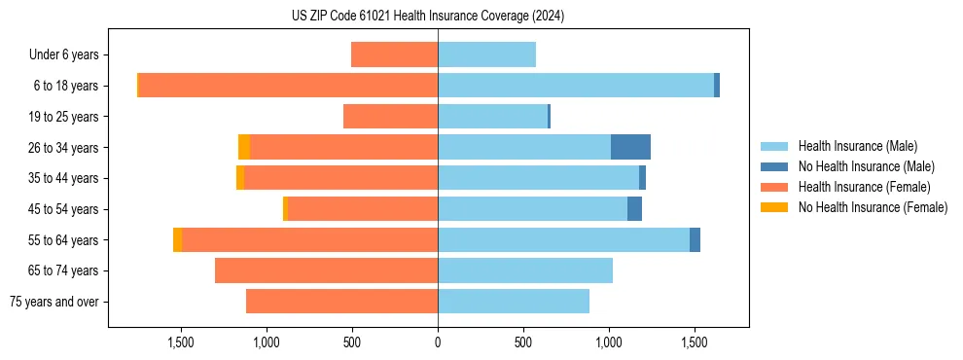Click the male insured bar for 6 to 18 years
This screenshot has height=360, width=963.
tap(576, 86)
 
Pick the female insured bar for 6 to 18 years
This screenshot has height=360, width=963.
tap(288, 86)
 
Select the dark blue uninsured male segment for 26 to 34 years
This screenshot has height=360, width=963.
tap(630, 147)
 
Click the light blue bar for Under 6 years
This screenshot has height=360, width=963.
tap(486, 54)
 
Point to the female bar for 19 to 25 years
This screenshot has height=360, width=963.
tap(391, 117)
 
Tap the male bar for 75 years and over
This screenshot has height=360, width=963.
tap(514, 302)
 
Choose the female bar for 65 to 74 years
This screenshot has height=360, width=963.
tap(327, 270)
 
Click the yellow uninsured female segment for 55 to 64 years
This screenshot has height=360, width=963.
tap(177, 239)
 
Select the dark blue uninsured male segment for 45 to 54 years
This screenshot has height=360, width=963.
tap(634, 209)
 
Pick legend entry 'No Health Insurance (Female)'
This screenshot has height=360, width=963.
tap(873, 206)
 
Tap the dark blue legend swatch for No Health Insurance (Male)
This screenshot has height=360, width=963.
tap(774, 166)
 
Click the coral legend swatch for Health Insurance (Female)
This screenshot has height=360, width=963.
tap(774, 187)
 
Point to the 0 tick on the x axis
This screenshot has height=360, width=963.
tap(438, 342)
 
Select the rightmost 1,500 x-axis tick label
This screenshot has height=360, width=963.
tap(695, 342)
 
